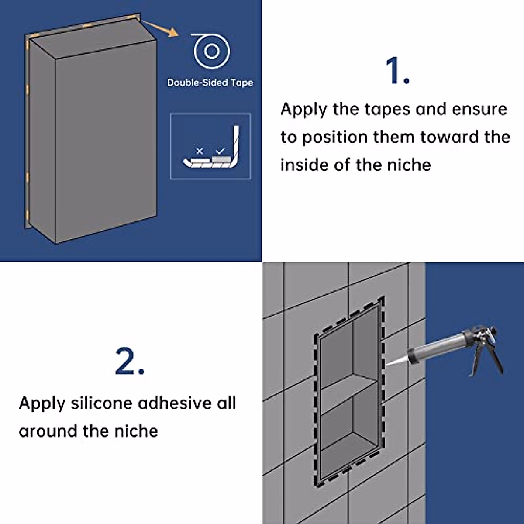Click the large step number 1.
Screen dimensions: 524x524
[x=397, y=70]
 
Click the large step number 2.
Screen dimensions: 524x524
[x=130, y=361]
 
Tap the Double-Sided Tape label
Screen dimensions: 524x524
[x=210, y=83]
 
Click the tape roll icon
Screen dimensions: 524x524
[x=210, y=51]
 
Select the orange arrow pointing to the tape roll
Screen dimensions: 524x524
[x=160, y=28]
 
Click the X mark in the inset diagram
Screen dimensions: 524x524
[x=200, y=151]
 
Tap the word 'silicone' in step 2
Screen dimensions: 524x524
[x=102, y=403]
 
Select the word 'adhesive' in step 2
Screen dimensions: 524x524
[x=175, y=403]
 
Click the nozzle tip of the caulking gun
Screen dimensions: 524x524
[x=387, y=364]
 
